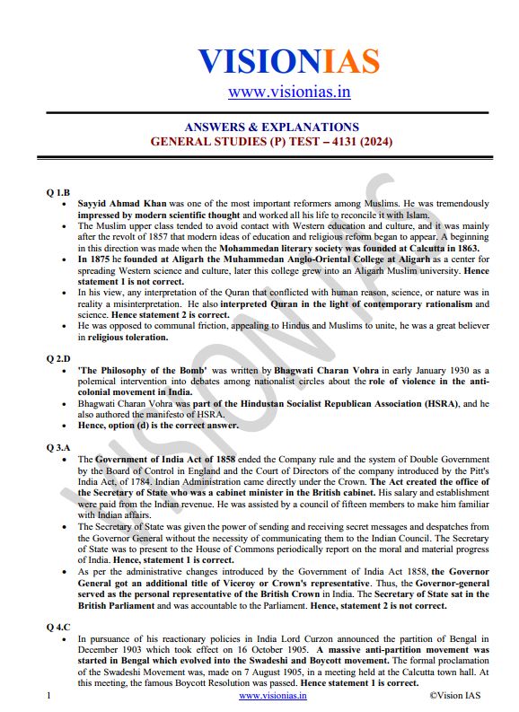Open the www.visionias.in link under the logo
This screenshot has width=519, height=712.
click(x=288, y=92)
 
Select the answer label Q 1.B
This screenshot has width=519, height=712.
click(x=58, y=192)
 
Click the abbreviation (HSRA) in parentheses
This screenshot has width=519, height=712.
click(x=433, y=404)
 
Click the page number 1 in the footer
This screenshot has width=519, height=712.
click(x=48, y=696)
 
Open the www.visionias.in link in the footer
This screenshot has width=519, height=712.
click(x=272, y=696)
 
